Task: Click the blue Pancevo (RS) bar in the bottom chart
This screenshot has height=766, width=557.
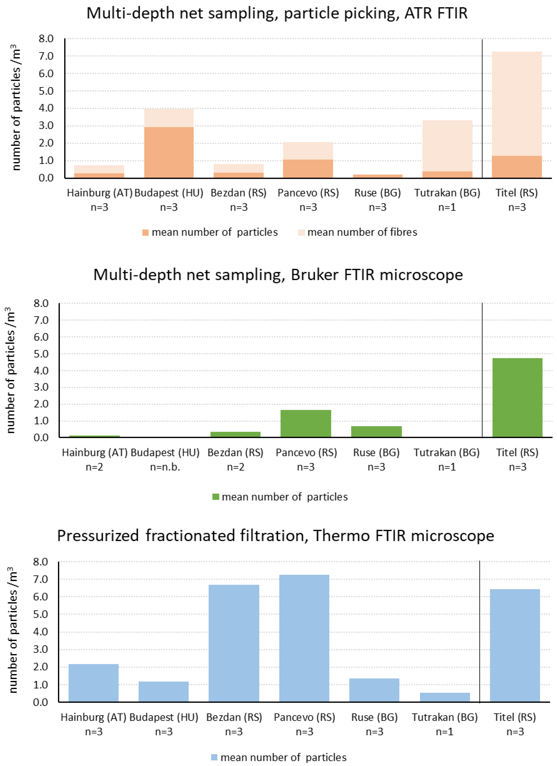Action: pyautogui.click(x=304, y=638)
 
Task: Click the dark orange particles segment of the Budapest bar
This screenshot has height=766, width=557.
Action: pyautogui.click(x=169, y=152)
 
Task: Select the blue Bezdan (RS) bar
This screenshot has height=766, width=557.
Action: pyautogui.click(x=234, y=643)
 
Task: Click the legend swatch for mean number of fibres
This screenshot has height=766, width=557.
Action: pyautogui.click(x=301, y=233)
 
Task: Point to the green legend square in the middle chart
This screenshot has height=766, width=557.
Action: pyautogui.click(x=216, y=497)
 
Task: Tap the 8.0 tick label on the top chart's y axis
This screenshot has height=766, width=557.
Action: pyautogui.click(x=46, y=39)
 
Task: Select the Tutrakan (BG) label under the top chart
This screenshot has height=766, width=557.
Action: pyautogui.click(x=447, y=193)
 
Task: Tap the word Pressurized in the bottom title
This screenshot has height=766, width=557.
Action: pyautogui.click(x=98, y=536)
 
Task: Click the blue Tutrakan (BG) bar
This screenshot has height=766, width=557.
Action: pyautogui.click(x=445, y=697)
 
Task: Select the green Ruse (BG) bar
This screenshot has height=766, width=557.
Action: pyautogui.click(x=376, y=431)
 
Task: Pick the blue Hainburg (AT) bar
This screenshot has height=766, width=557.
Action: pyautogui.click(x=94, y=683)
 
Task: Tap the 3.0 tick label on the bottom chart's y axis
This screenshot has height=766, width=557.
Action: pyautogui.click(x=41, y=649)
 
